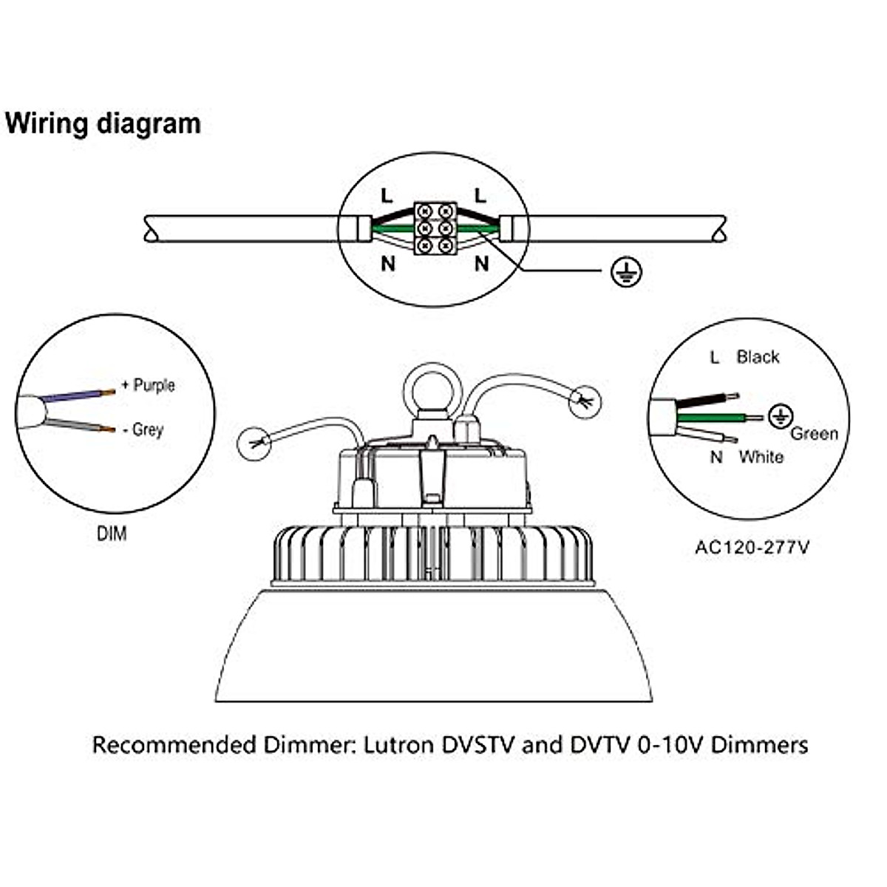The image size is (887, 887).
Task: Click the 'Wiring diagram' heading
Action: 103,123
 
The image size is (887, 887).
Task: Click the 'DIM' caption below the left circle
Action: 112,534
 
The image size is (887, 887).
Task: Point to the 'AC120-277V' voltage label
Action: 752,548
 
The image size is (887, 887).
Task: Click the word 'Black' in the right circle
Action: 758,357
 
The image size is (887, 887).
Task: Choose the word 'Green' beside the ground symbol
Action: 814,434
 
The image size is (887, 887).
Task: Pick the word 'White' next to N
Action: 761,457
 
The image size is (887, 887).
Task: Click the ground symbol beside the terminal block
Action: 627,272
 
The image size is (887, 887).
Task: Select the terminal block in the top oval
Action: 435,228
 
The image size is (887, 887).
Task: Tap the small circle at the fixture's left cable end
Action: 254,443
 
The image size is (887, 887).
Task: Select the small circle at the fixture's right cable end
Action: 585,401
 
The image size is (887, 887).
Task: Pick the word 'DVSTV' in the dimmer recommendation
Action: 478,744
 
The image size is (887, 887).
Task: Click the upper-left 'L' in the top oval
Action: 387,195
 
